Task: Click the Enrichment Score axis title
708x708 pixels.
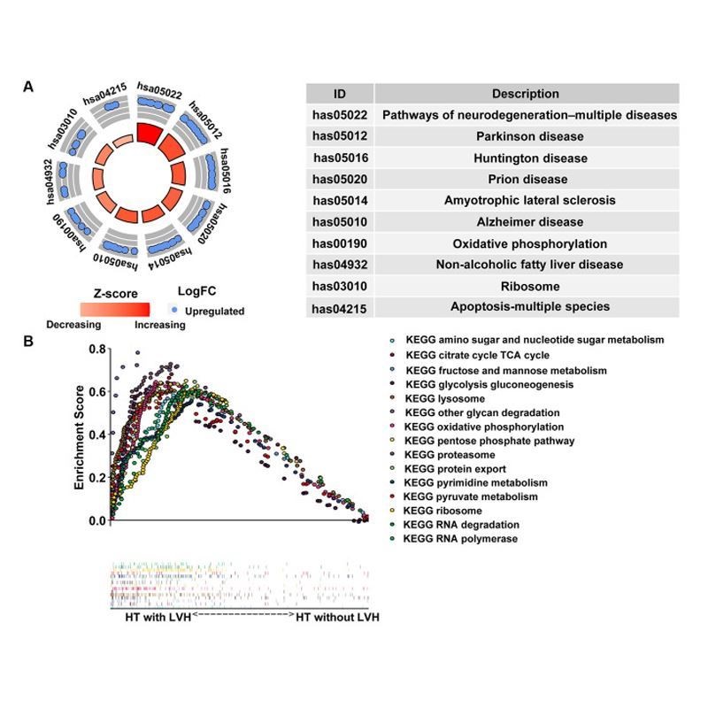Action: point(79,435)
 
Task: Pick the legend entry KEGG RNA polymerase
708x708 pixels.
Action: point(461,538)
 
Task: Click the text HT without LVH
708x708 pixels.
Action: point(337,617)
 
